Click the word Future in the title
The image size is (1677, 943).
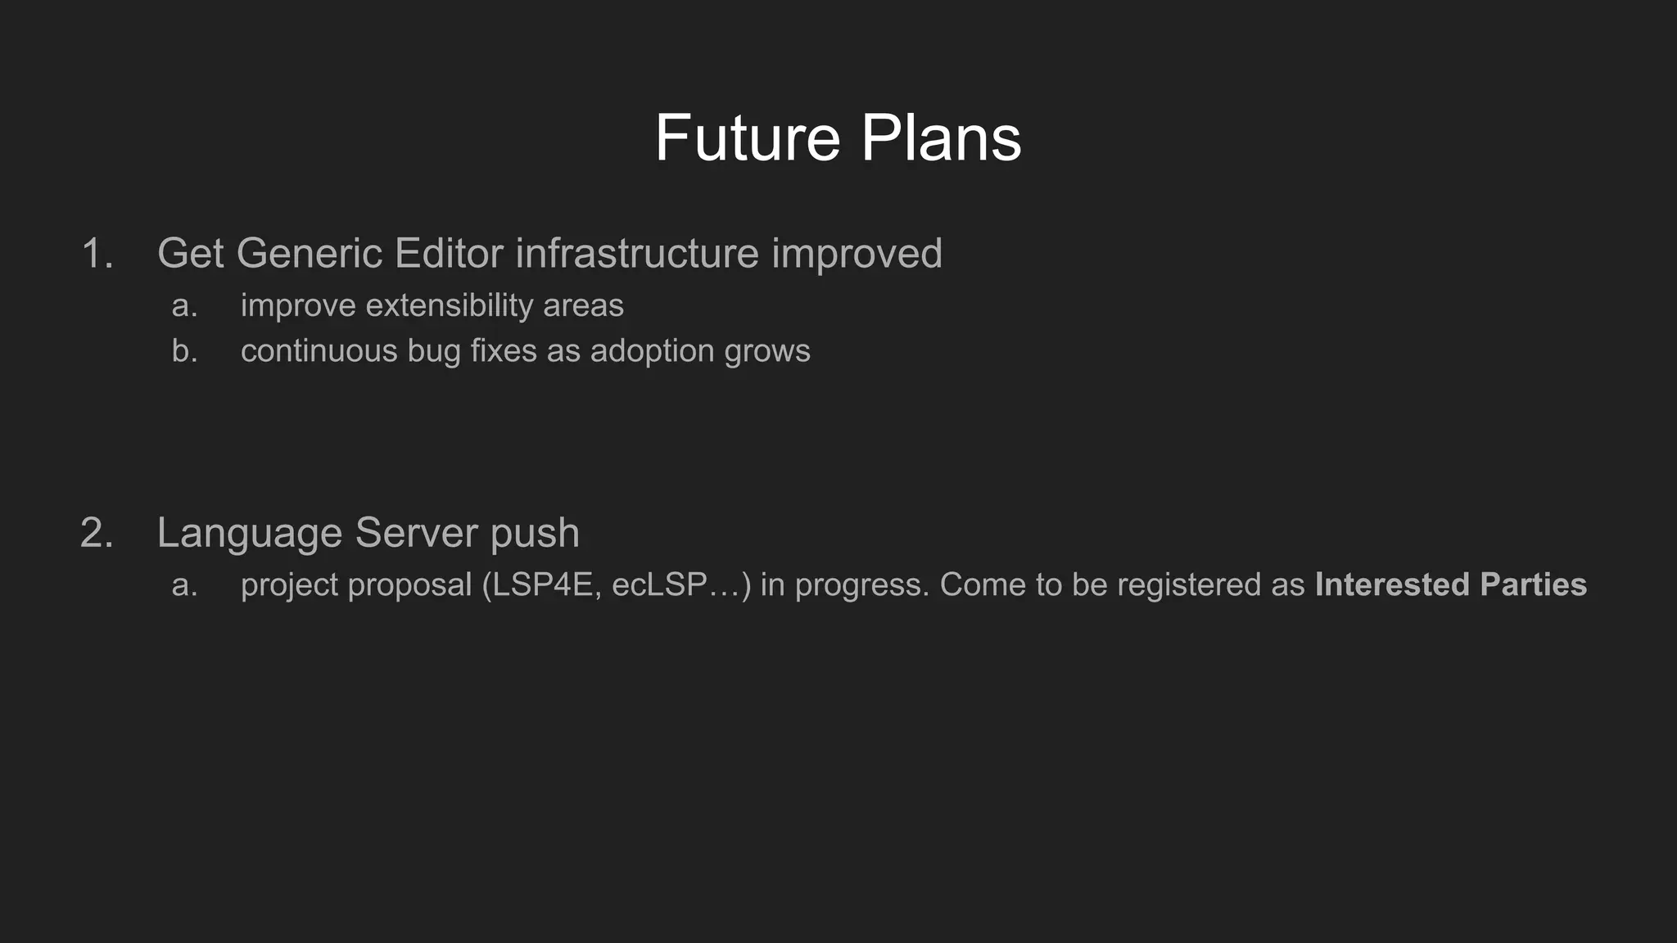point(747,138)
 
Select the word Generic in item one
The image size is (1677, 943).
point(310,253)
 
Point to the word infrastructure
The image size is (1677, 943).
point(637,253)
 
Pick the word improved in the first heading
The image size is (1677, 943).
point(857,253)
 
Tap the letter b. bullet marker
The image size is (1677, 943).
point(184,351)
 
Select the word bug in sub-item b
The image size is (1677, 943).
point(434,351)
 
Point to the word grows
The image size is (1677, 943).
point(767,351)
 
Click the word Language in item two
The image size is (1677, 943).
point(249,533)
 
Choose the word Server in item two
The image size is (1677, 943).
point(416,533)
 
